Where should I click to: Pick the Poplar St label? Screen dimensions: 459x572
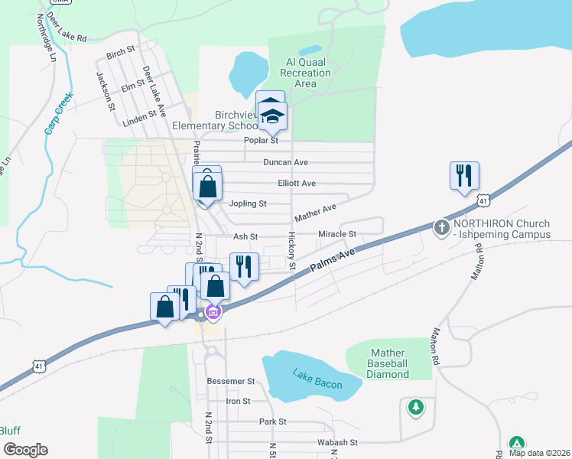pyautogui.click(x=260, y=141)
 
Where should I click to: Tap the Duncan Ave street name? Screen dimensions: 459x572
pyautogui.click(x=285, y=162)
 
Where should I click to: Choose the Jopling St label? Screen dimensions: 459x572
pyautogui.click(x=248, y=203)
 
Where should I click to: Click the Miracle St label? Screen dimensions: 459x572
pyautogui.click(x=337, y=233)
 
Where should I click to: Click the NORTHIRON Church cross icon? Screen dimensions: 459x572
pyautogui.click(x=441, y=227)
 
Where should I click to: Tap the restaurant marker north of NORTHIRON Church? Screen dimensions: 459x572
pyautogui.click(x=464, y=177)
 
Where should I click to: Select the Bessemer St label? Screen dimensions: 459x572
pyautogui.click(x=230, y=380)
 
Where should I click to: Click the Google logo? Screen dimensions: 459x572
pyautogui.click(x=25, y=450)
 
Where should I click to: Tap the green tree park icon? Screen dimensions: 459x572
pyautogui.click(x=415, y=406)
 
